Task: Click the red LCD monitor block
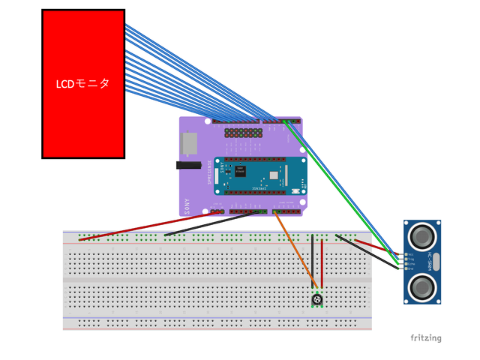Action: point(82,45)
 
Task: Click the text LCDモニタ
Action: point(82,84)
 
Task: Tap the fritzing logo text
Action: point(425,338)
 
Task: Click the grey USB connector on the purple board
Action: point(190,142)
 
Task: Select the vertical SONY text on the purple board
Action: point(187,205)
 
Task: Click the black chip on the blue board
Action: point(239,170)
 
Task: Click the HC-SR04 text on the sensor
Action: point(430,262)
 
